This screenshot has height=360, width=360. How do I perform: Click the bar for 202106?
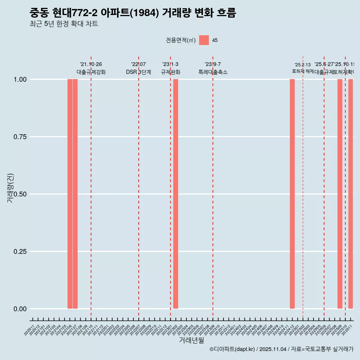[70, 194]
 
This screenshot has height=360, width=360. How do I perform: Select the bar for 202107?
[75, 194]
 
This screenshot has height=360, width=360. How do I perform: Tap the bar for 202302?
[175, 194]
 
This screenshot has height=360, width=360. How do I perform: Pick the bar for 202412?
[292, 194]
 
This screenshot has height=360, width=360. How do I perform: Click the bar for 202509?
[340, 194]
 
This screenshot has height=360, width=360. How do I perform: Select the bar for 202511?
[351, 194]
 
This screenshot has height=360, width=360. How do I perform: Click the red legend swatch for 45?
[204, 40]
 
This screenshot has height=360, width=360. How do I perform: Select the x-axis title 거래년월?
[191, 340]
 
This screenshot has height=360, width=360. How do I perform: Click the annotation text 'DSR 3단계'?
[138, 72]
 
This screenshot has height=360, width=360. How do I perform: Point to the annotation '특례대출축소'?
[213, 72]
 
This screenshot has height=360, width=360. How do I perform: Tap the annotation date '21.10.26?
[91, 64]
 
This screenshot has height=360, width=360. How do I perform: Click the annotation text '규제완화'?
[171, 72]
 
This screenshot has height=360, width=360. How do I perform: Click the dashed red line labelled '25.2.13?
[303, 187]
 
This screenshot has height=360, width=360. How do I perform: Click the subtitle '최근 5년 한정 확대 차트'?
[64, 24]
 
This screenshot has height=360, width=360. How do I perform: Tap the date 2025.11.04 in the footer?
[273, 349]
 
